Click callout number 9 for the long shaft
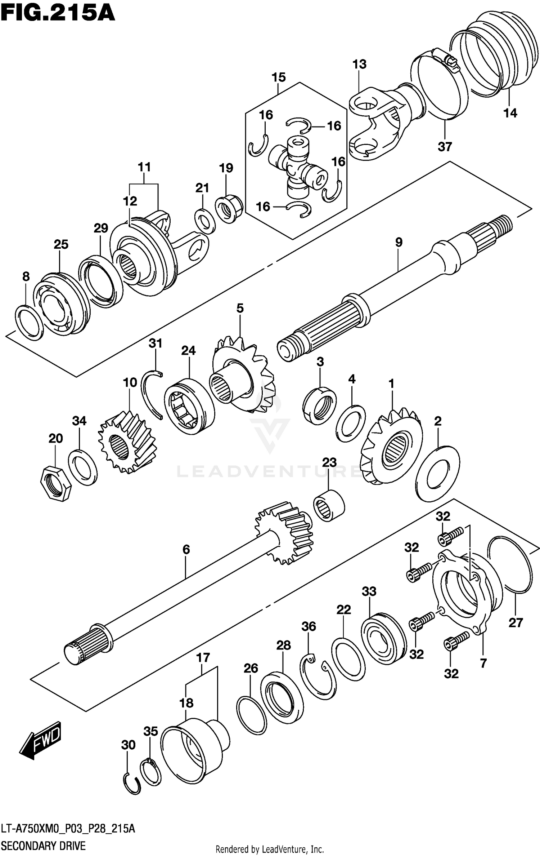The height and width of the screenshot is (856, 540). pyautogui.click(x=399, y=242)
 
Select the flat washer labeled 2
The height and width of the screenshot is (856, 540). pyautogui.click(x=437, y=474)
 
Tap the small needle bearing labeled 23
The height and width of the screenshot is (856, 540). pyautogui.click(x=329, y=505)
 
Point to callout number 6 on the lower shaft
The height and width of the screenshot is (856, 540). pyautogui.click(x=186, y=549)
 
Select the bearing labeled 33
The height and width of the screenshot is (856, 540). pyautogui.click(x=383, y=638)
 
